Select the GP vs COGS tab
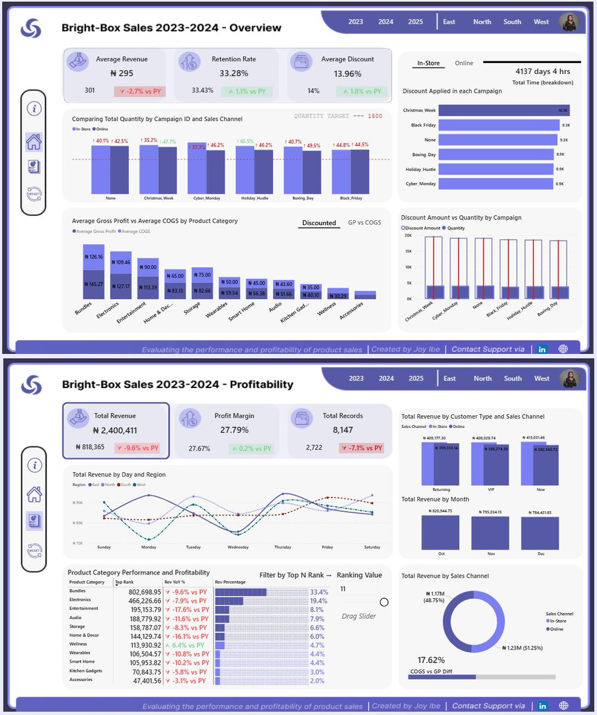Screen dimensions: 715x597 point(364,223)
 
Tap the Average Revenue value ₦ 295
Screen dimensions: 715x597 point(122,73)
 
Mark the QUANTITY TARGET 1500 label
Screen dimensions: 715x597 point(338,116)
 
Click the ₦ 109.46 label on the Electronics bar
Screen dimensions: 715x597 point(120,262)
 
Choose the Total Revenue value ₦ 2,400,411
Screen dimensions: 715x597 point(115,430)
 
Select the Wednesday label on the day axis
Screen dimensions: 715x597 point(238,547)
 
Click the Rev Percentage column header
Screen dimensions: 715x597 point(227,582)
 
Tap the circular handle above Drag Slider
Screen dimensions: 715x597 point(384,602)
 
